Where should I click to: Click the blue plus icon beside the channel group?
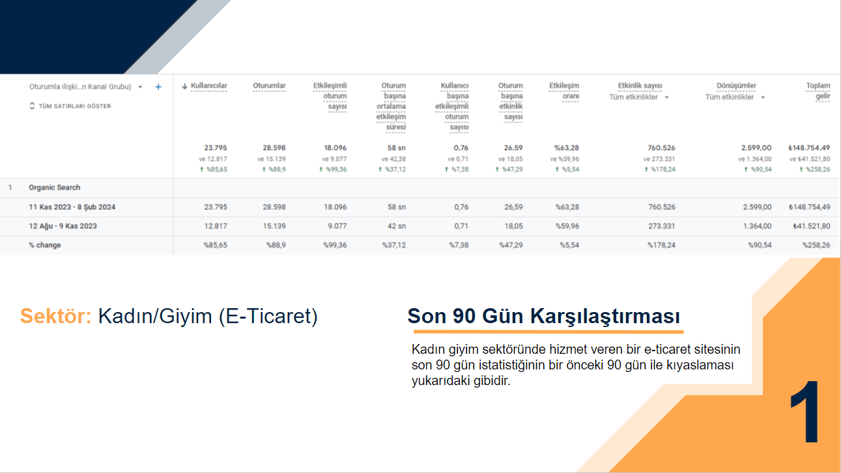coord(158,87)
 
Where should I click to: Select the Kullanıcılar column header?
coord(208,85)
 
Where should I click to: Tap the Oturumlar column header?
coord(269,85)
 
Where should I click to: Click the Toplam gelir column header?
coord(818,91)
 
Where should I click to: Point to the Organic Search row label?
coord(55,188)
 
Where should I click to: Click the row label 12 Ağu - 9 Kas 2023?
coord(63,226)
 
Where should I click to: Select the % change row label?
coord(45,245)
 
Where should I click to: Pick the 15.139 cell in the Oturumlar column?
coord(274,226)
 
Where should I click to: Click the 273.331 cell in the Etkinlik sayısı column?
coord(661,226)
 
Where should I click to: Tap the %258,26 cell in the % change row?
coord(816,245)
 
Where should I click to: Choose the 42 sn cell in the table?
coord(397,226)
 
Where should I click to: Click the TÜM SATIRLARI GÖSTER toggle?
coord(70,106)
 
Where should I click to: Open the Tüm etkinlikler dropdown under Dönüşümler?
coord(735,97)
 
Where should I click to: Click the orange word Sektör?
coord(55,316)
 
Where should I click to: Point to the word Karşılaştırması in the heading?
coord(605,316)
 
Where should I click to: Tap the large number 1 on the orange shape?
coord(805,412)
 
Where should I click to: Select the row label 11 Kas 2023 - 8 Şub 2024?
coord(72,207)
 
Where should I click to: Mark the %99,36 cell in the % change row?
coord(335,245)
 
